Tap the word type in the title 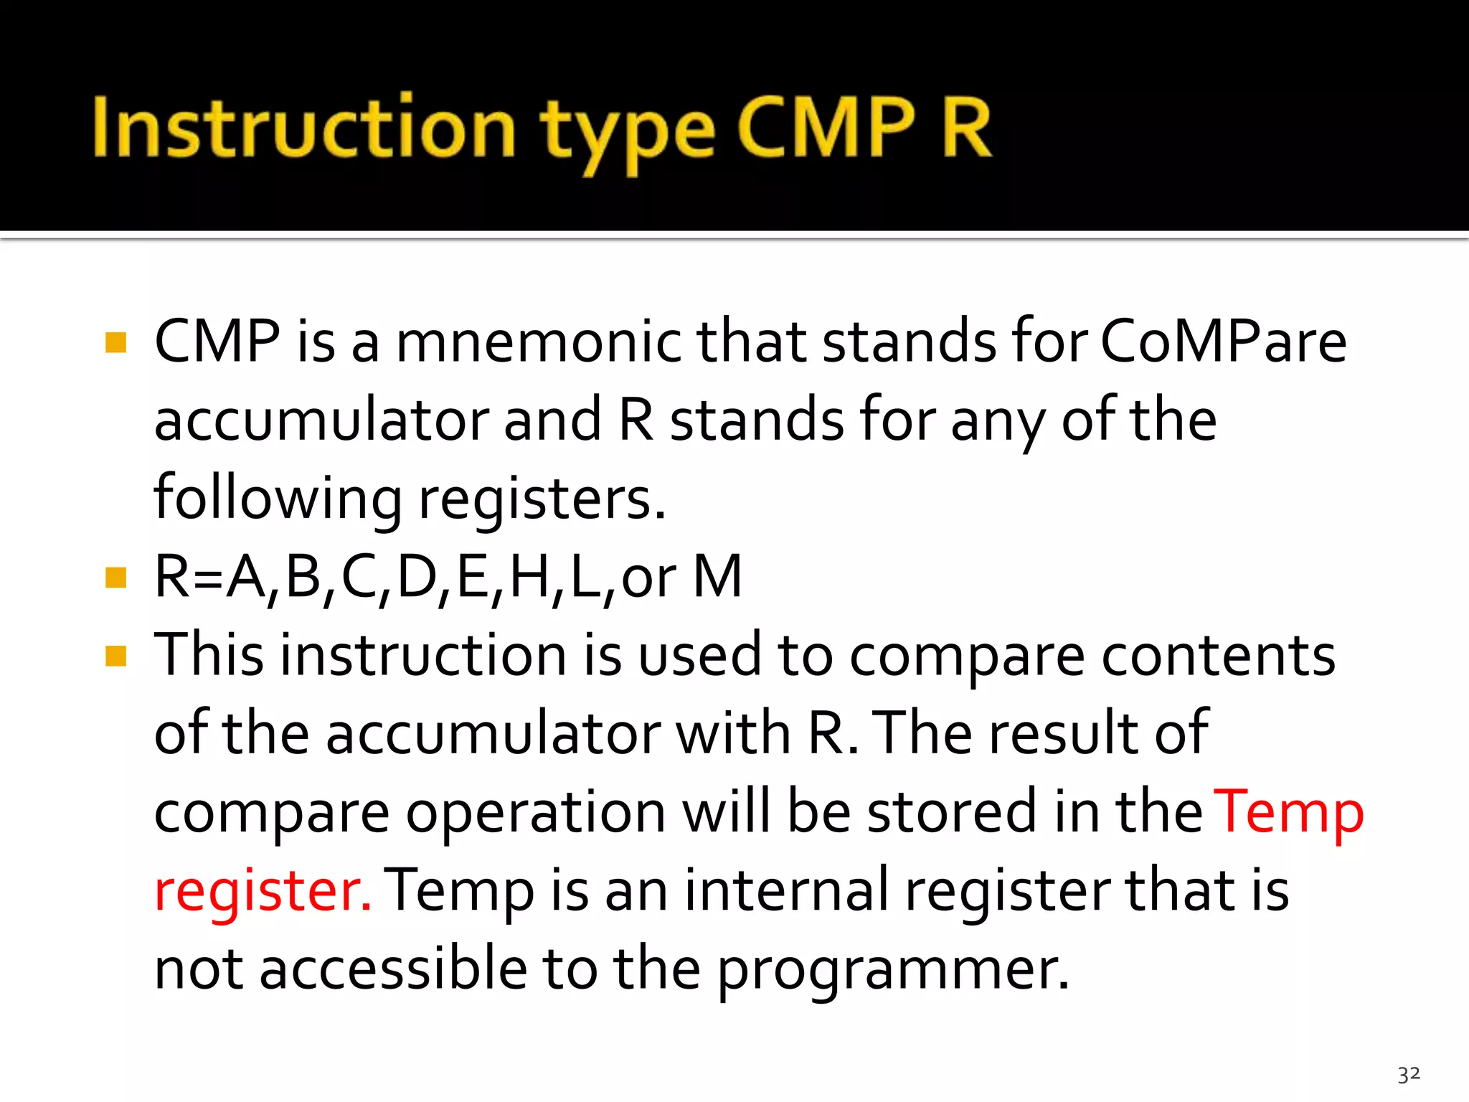pyautogui.click(x=628, y=133)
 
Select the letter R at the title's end pyautogui.click(x=965, y=128)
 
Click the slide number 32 pyautogui.click(x=1409, y=1074)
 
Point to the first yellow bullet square pyautogui.click(x=115, y=342)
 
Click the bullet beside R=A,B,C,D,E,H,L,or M pyautogui.click(x=115, y=578)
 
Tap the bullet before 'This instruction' pyautogui.click(x=115, y=656)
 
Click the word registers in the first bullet pyautogui.click(x=542, y=499)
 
